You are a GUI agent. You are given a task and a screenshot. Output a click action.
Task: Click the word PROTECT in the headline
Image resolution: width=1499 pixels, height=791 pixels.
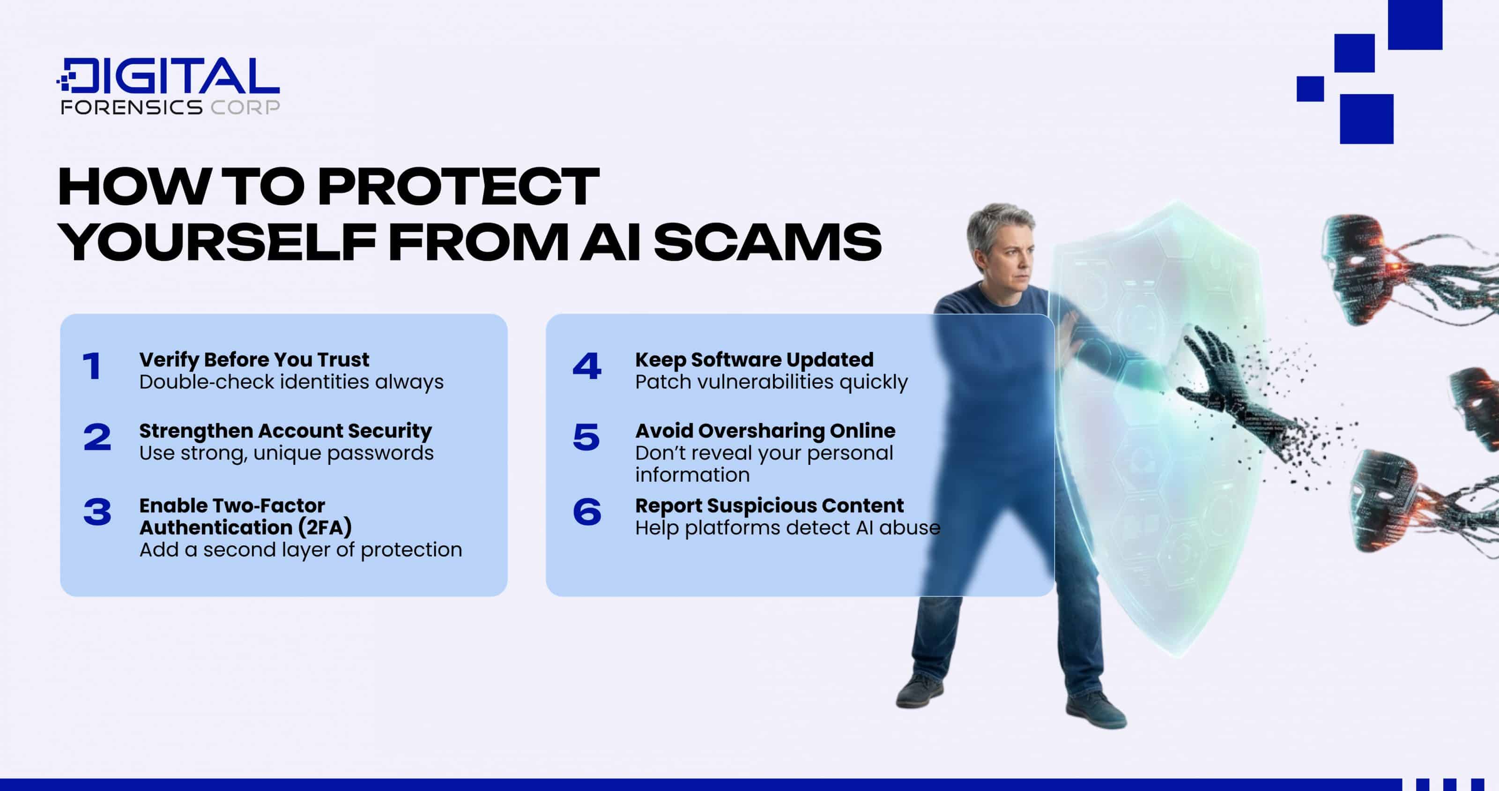pyautogui.click(x=458, y=187)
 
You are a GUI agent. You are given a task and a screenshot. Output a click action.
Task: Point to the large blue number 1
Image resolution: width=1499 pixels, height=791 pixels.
pyautogui.click(x=92, y=367)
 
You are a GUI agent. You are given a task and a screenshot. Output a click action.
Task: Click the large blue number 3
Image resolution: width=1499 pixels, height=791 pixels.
pyautogui.click(x=96, y=512)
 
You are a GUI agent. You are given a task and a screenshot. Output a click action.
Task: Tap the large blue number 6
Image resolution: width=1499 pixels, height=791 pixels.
pyautogui.click(x=586, y=512)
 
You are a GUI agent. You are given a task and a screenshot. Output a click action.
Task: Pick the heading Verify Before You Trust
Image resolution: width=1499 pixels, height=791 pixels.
pyautogui.click(x=254, y=360)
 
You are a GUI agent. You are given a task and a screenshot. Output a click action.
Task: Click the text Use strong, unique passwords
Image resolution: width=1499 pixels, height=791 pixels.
pyautogui.click(x=286, y=453)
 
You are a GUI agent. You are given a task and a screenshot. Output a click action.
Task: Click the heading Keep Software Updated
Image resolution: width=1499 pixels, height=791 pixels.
pyautogui.click(x=754, y=360)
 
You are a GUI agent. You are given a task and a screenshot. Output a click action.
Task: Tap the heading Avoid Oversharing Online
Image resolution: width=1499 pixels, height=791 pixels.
pyautogui.click(x=764, y=431)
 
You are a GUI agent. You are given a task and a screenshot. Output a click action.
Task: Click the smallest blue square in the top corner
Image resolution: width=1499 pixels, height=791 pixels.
pyautogui.click(x=1310, y=89)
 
